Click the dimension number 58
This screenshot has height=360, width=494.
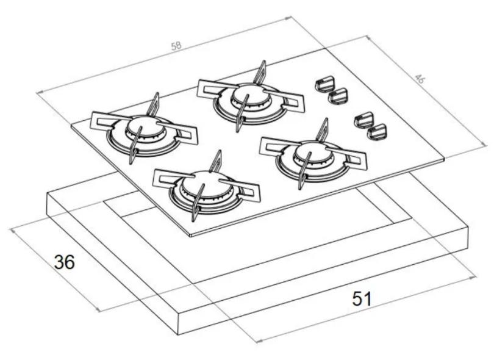(176, 46)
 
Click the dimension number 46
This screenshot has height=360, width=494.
(420, 78)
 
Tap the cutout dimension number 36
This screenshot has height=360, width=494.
(65, 262)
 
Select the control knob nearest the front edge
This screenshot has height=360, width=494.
(379, 131)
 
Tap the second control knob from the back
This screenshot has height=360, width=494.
(338, 95)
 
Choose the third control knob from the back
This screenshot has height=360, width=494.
(364, 119)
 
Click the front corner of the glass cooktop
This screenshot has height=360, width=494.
(191, 235)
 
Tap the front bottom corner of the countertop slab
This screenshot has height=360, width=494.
(178, 334)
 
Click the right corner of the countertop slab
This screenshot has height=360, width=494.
(468, 227)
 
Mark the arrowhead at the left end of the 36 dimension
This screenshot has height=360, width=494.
(12, 229)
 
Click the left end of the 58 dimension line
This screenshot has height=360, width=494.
(38, 93)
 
